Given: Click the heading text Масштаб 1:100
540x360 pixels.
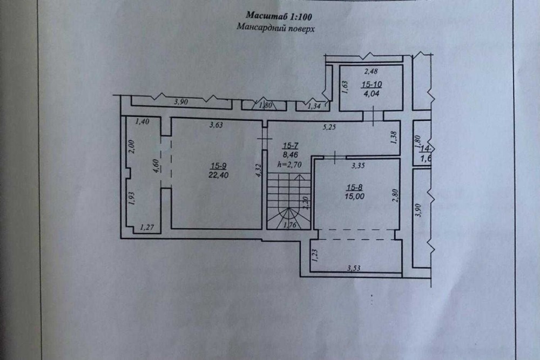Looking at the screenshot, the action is (279, 16).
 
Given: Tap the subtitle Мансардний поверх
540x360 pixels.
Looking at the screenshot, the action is (275, 28).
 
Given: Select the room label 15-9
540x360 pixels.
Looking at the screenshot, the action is (218, 166).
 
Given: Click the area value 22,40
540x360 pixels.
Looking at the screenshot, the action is (218, 175).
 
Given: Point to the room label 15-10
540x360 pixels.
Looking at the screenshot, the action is (372, 84).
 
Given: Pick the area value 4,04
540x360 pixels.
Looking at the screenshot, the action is (372, 93).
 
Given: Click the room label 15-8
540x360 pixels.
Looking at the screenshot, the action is (354, 188).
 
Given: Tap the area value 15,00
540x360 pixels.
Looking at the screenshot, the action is (354, 196).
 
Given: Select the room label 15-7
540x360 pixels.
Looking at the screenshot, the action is (291, 146).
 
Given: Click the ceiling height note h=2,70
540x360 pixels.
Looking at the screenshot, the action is (289, 165).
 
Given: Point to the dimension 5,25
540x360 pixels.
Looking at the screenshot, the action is (329, 127).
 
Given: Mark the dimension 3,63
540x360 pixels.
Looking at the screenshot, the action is (216, 125).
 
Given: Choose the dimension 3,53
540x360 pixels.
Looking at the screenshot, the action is (354, 268).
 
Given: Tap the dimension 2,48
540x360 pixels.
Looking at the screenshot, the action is (371, 71).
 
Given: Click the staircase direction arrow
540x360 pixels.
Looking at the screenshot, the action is (300, 192).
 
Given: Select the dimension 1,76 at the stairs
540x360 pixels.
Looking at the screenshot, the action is (289, 226).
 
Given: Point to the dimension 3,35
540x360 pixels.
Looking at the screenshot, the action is (358, 166).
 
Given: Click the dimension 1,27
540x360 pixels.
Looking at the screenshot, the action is (147, 227).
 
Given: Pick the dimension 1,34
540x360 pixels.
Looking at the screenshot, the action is (314, 106).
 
